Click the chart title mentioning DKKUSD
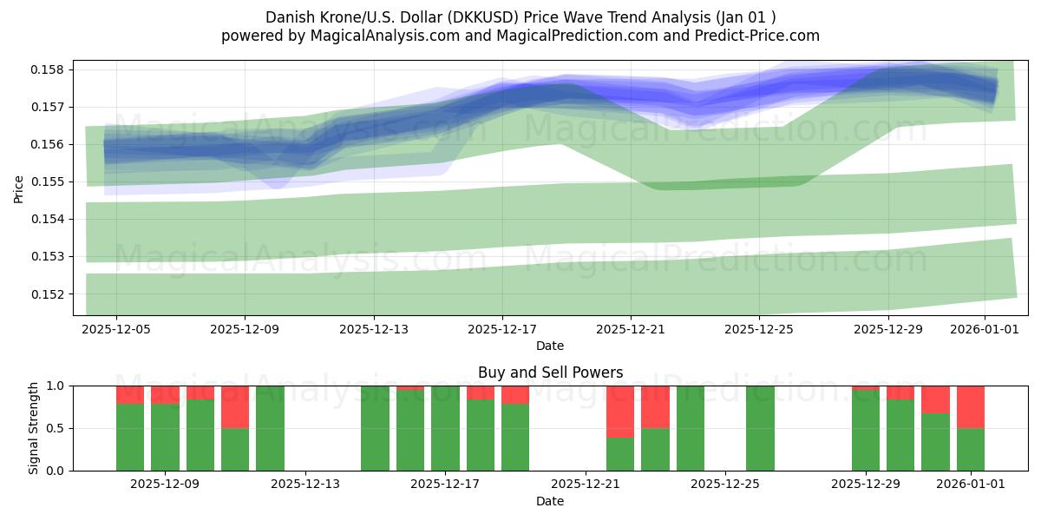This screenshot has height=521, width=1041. [520, 17]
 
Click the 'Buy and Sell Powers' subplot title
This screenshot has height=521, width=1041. [550, 373]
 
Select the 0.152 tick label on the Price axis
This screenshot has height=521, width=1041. [50, 293]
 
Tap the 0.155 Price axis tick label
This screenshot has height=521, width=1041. [50, 181]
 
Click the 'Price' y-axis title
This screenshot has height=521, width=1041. [19, 188]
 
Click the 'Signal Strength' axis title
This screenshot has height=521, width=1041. [34, 428]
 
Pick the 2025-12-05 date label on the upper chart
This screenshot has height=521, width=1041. [116, 329]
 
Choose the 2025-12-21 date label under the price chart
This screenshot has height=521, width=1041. [631, 329]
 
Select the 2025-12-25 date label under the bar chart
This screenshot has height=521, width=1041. [725, 485]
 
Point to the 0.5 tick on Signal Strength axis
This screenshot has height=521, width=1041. [56, 428]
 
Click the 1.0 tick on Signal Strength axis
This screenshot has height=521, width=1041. [56, 386]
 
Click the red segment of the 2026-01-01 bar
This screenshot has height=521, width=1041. [971, 406]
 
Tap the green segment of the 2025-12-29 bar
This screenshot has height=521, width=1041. [866, 430]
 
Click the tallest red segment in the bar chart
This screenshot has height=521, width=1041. [620, 412]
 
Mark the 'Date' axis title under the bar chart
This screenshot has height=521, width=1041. [550, 501]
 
